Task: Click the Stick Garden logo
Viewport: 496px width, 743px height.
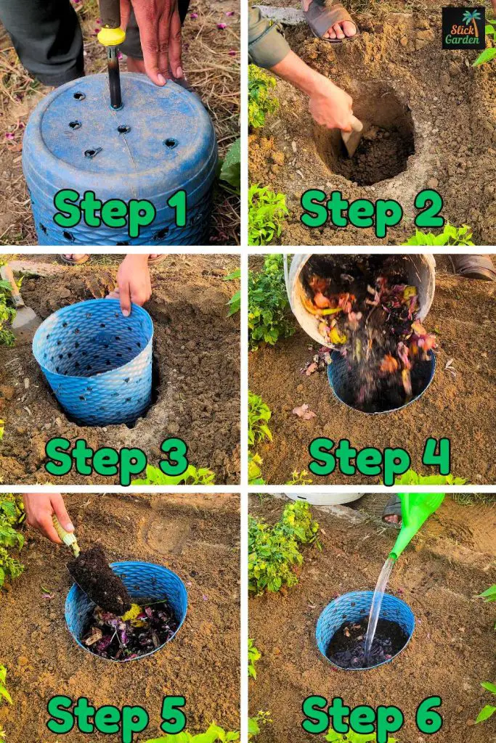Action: tap(463, 28)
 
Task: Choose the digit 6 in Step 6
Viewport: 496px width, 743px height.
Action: tap(428, 715)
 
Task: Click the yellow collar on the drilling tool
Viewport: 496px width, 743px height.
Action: tap(111, 36)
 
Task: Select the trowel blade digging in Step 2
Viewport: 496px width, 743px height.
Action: tap(352, 137)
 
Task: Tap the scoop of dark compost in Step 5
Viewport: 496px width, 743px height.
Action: tap(100, 581)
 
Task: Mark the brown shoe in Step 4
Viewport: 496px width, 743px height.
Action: tap(473, 267)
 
